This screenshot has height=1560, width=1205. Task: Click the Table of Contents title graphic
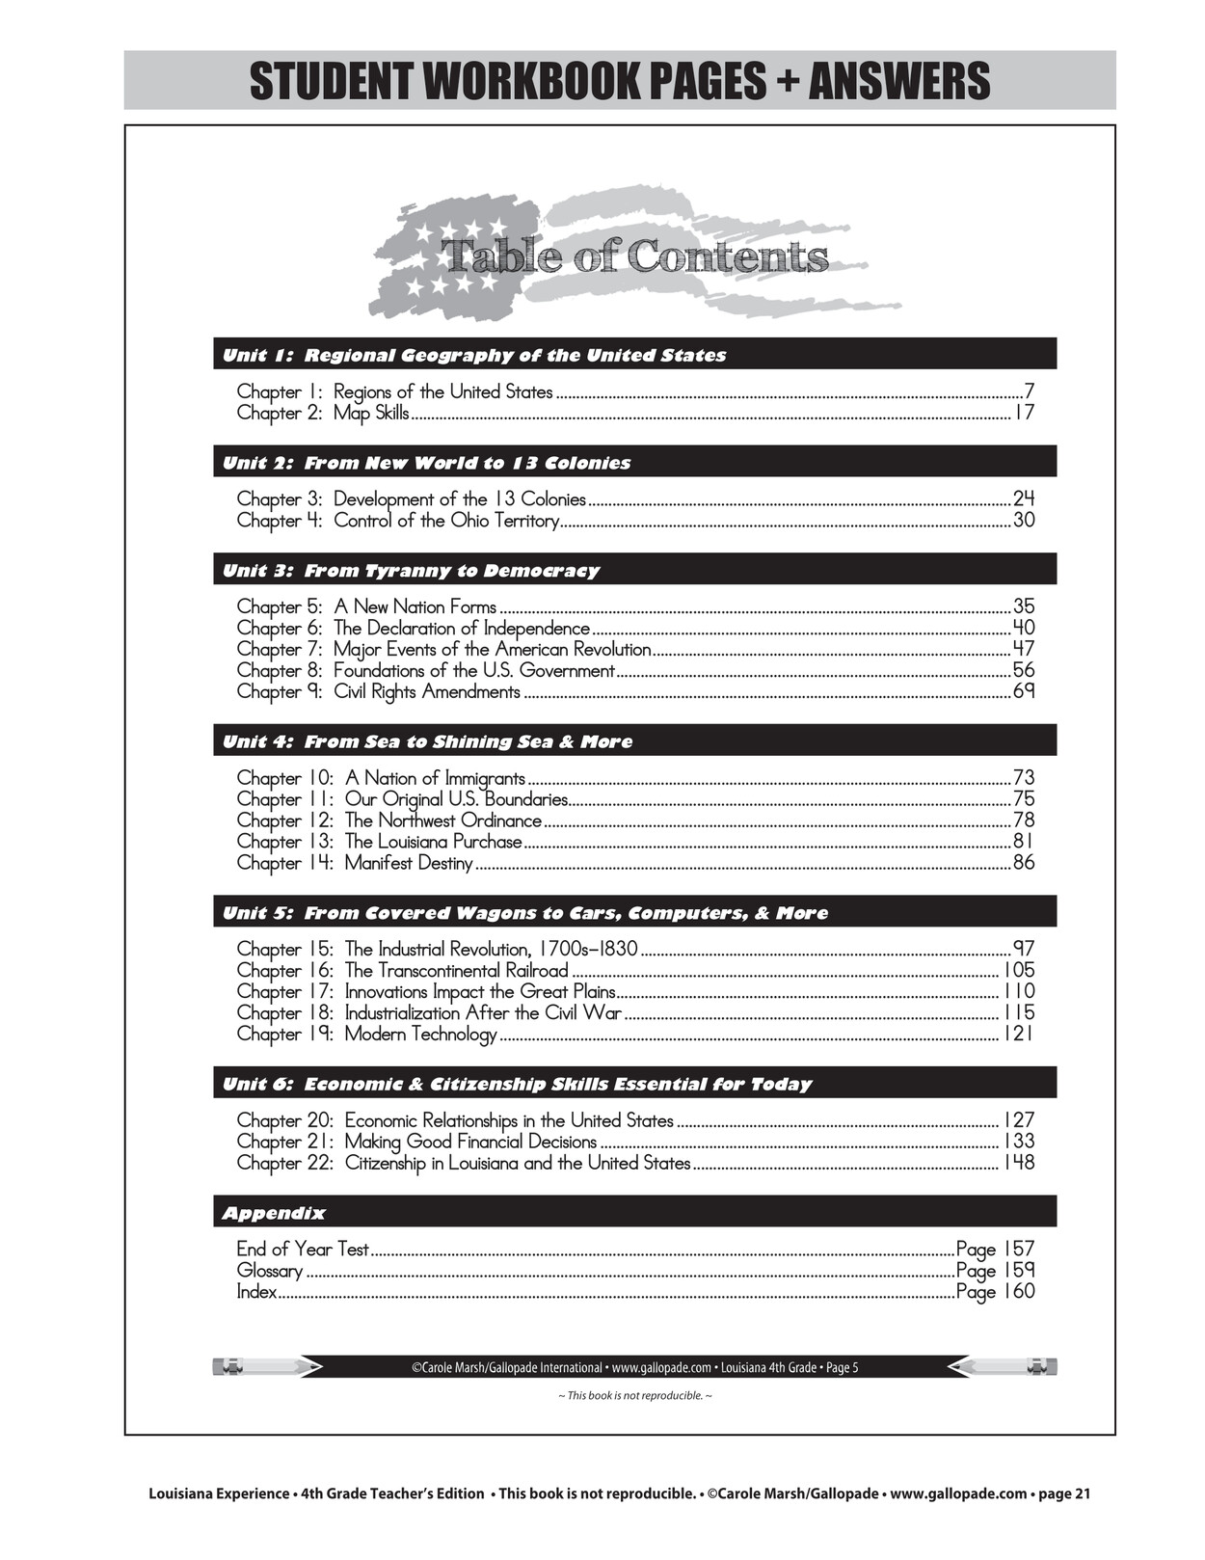click(x=634, y=256)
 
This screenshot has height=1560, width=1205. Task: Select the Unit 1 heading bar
click(x=634, y=354)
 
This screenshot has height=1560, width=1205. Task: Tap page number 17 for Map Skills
click(x=1024, y=413)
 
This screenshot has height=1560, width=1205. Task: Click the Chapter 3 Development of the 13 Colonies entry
click(x=412, y=499)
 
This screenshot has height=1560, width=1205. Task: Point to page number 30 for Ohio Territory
click(x=1024, y=521)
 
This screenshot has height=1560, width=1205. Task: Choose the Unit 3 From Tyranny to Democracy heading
click(x=634, y=569)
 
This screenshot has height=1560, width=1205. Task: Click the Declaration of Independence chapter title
click(x=462, y=629)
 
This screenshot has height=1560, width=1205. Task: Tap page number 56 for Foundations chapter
click(x=1024, y=671)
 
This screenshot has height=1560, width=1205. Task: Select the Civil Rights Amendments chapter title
click(x=427, y=692)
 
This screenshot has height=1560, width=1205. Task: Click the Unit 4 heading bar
click(x=634, y=740)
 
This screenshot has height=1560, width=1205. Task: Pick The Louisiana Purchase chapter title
click(x=434, y=842)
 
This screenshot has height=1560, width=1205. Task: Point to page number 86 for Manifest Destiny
click(x=1024, y=863)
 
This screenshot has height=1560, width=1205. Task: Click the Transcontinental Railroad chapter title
click(x=457, y=971)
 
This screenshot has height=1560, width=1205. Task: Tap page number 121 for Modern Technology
click(x=1019, y=1035)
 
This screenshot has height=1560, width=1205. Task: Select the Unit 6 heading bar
click(x=634, y=1083)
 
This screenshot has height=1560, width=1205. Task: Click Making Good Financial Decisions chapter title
click(x=471, y=1143)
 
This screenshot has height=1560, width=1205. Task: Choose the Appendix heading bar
click(x=634, y=1212)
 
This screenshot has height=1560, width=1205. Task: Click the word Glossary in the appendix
click(x=270, y=1271)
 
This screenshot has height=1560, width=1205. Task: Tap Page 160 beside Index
click(x=995, y=1292)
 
